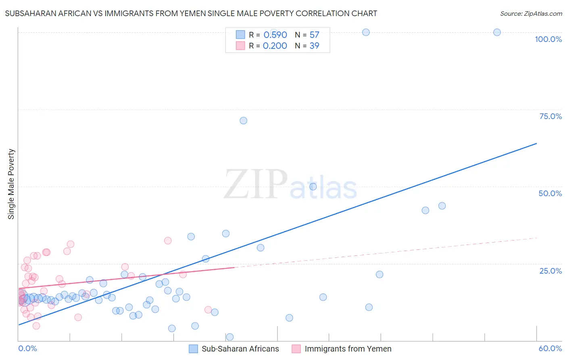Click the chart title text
[191, 13]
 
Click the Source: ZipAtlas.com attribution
[531, 13]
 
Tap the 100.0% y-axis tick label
[548, 39]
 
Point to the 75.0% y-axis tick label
[550, 116]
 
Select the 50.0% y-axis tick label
[550, 193]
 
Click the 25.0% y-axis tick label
[550, 270]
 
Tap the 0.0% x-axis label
[27, 348]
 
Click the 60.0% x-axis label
[550, 348]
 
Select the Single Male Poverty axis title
[11, 184]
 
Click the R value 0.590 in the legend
[275, 35]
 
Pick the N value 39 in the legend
[314, 46]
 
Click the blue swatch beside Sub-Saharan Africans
[194, 349]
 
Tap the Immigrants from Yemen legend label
[348, 349]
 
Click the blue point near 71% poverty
[243, 121]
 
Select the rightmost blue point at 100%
[497, 32]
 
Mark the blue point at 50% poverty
[313, 186]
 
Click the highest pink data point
[168, 241]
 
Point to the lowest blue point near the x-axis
[230, 337]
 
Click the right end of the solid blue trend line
[536, 143]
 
